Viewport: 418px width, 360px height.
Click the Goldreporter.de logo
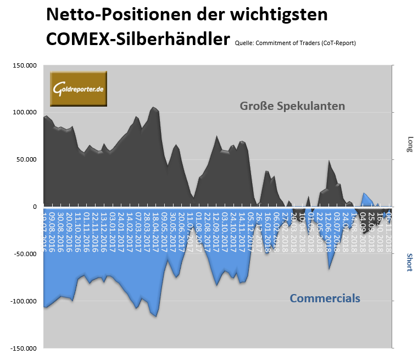point(79,88)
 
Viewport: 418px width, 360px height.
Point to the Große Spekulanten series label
point(292,106)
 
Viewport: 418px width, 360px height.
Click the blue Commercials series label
point(325,298)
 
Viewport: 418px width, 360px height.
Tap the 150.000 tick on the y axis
point(24,65)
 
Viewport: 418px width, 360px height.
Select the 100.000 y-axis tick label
point(24,113)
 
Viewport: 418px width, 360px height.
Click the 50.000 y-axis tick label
point(26,160)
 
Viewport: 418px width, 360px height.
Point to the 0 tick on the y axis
point(34,207)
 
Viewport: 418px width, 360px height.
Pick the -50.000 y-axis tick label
point(25,254)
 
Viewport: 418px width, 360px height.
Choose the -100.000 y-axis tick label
point(23,302)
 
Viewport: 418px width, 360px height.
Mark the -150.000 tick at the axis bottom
point(23,348)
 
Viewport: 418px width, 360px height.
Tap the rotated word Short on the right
point(409,263)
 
